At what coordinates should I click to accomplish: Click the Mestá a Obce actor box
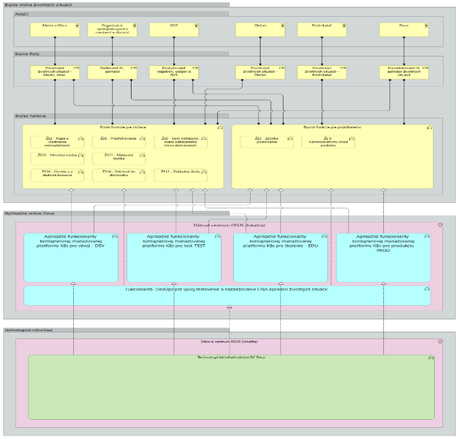point(55,29)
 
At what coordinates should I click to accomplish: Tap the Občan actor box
point(260,29)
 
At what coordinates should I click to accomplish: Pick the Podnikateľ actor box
point(322,29)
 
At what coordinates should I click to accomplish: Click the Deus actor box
point(404,29)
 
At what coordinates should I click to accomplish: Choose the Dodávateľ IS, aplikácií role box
point(112,72)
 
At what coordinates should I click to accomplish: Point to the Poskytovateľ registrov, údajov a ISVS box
point(174,72)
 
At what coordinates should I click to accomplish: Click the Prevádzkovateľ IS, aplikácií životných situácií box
point(404,72)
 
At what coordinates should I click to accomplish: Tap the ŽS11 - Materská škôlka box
point(118,159)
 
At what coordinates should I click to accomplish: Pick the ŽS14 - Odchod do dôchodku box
point(118,175)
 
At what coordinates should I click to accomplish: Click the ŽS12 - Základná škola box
point(180,175)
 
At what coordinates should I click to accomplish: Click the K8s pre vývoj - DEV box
point(71,256)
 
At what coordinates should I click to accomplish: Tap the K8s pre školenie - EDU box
point(280,256)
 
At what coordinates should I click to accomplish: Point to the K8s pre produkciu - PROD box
point(383,256)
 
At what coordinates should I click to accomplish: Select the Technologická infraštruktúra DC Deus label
point(231,358)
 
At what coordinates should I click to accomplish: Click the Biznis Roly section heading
point(28,54)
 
